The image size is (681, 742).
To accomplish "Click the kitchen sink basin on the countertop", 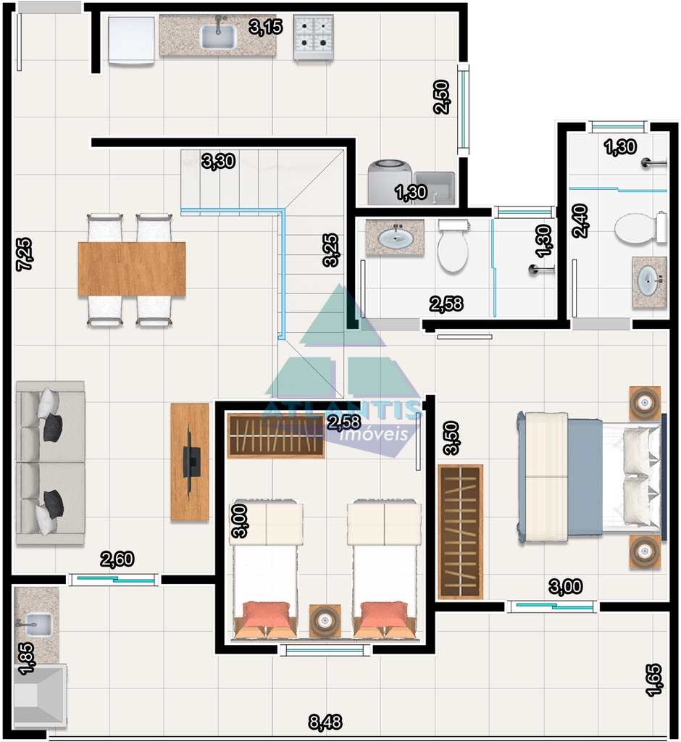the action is pos(217,36).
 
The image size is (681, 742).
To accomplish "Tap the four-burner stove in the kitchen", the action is pos(313,37).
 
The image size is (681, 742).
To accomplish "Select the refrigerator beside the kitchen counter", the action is pos(131,40).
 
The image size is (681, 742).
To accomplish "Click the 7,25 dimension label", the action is pos(24,254).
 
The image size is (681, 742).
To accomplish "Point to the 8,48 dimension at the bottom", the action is pos(325,722).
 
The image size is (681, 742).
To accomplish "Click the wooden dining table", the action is pos(132,270).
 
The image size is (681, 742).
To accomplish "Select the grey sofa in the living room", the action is pos(50,463).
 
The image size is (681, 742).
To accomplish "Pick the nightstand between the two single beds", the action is pos(324,620).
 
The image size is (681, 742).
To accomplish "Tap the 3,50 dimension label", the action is pos(451,438).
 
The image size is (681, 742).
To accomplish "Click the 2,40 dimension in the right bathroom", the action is pos(580,220).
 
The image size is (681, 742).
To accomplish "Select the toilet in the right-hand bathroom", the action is pos(640,228).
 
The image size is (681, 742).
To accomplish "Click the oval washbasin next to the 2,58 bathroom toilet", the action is pos(394,238).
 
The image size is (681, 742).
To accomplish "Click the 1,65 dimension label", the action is pos(653,680).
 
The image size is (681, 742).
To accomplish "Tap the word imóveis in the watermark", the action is pos(374,434).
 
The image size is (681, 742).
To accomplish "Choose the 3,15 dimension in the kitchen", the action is pos(265,27).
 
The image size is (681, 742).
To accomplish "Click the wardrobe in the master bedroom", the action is pos(461,532).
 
